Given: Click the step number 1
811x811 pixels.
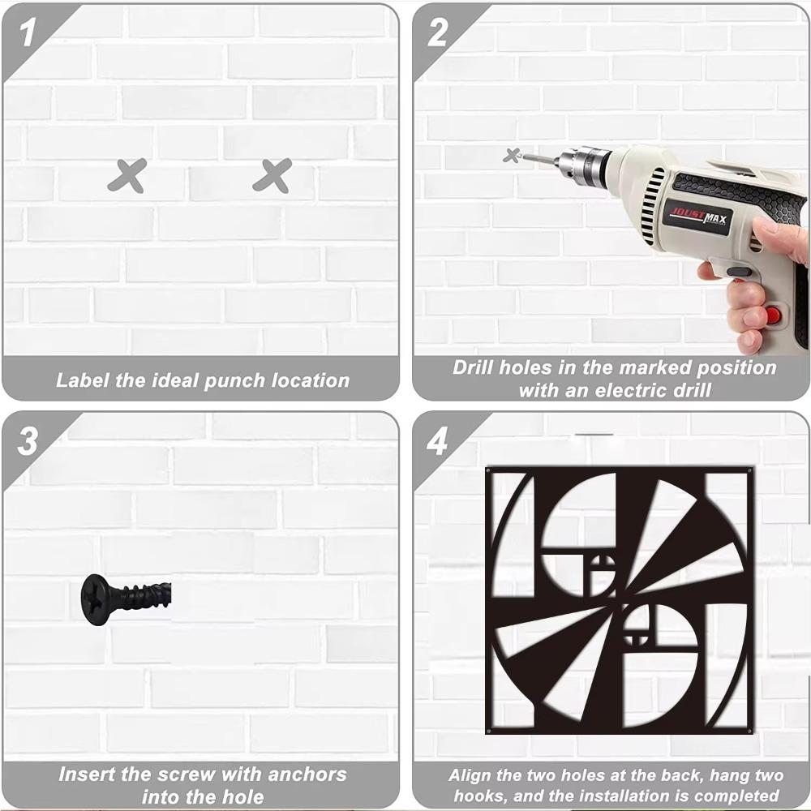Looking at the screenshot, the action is pos(27,32).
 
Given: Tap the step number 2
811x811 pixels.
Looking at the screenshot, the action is pos(438,32).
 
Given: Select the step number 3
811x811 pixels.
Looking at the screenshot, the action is pos(27,441).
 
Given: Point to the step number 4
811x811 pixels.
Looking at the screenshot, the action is pos(438,441).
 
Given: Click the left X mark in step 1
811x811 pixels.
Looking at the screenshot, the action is pos(127,176).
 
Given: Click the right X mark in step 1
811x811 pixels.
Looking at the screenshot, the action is pos(272,176).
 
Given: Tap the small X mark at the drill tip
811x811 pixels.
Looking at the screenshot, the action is pos(512,155).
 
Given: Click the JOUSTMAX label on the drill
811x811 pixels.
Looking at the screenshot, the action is pos(698,217).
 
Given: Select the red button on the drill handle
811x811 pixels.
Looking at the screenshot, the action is pos(773,314).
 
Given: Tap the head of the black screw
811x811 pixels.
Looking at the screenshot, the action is pos(96,599).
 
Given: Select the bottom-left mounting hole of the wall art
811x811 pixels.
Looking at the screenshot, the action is pos(488,731).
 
